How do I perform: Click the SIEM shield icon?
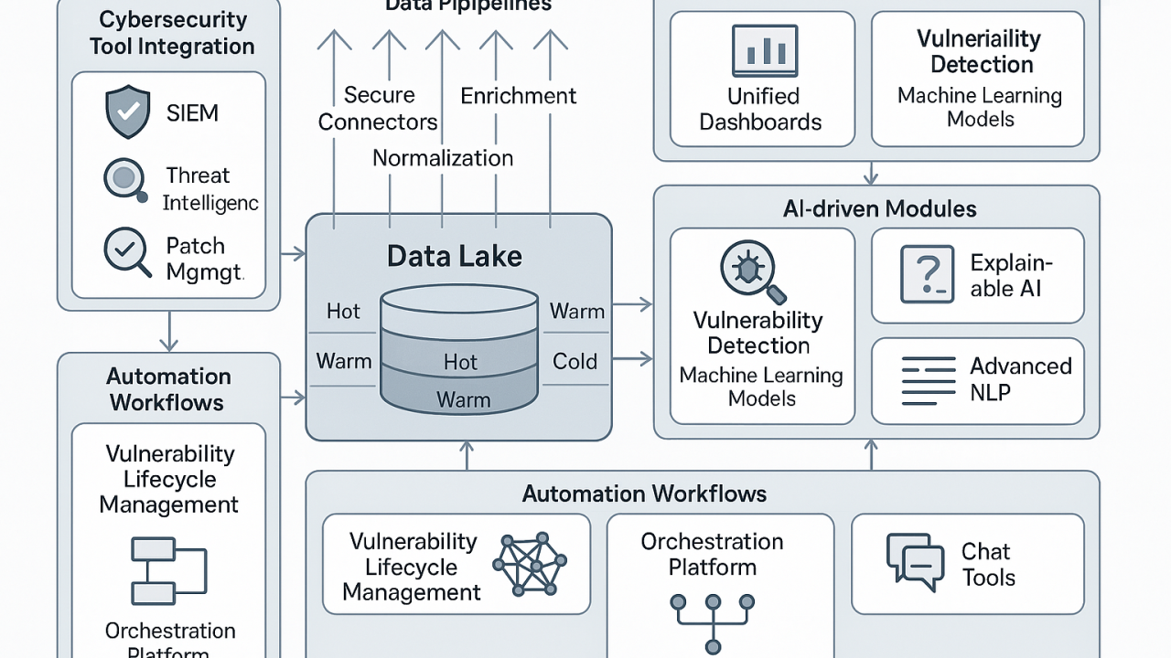[x=127, y=113]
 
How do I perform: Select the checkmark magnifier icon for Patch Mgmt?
[x=127, y=251]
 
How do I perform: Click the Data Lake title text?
[x=454, y=256]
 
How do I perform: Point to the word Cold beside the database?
[x=575, y=361]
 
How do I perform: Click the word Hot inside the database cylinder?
[x=460, y=362]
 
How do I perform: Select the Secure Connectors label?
[x=379, y=109]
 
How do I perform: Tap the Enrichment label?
[x=518, y=96]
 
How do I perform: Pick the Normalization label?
[x=443, y=158]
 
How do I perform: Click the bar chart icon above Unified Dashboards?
[x=764, y=50]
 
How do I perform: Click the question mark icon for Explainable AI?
[x=927, y=273]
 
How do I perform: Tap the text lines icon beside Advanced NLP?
[x=928, y=380]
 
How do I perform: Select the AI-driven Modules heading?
[x=879, y=209]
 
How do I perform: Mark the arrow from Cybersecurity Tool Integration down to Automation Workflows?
[x=168, y=331]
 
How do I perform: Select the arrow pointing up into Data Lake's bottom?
[x=467, y=455]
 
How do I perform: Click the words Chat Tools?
[x=988, y=564]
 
